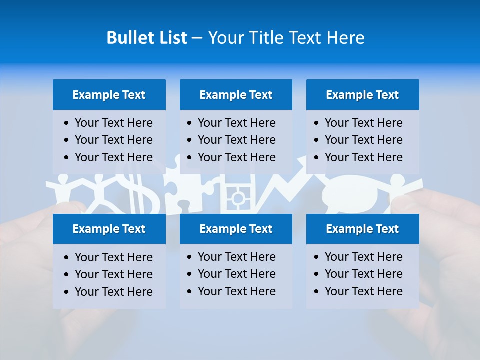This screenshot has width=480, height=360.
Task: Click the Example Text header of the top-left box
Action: coord(109,95)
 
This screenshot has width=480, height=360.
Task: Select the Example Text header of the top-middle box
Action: coord(236,95)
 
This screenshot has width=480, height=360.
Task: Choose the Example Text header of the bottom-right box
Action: coord(362,229)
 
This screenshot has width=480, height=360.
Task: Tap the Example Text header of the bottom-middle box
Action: coord(236,229)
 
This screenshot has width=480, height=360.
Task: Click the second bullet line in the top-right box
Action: coord(363,140)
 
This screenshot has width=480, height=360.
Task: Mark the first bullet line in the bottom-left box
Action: coord(113,257)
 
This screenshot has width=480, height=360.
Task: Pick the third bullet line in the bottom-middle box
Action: coord(236,291)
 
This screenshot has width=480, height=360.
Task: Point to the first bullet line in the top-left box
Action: coord(113,123)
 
